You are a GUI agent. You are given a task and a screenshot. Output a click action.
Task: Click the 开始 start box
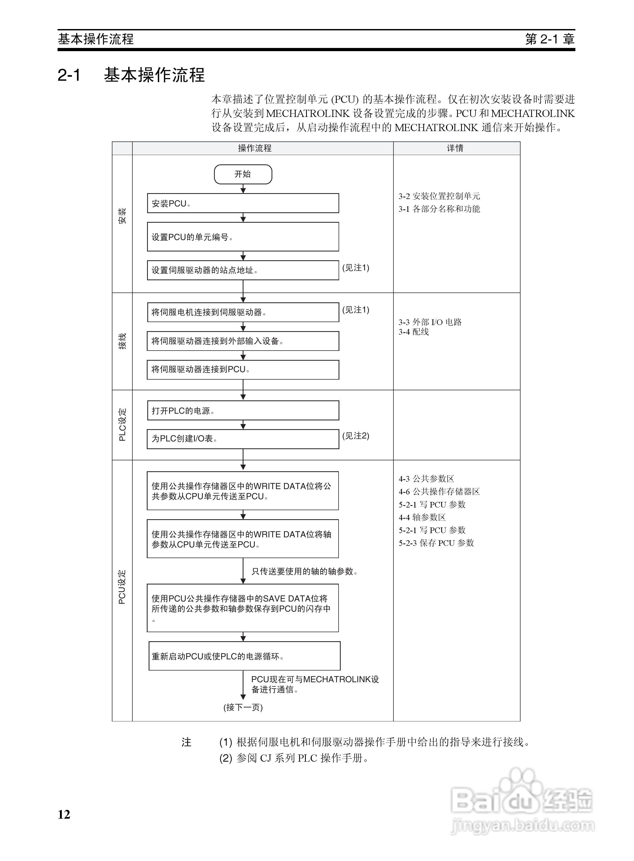[243, 174]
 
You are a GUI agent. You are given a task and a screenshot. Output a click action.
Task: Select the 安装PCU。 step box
[243, 203]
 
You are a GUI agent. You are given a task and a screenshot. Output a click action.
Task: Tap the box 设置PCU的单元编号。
[243, 237]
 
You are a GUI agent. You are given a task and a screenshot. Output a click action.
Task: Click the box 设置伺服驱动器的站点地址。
[243, 270]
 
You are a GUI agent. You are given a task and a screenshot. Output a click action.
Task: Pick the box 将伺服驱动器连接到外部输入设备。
[243, 341]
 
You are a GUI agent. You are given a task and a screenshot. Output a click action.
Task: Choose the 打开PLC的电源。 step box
[243, 411]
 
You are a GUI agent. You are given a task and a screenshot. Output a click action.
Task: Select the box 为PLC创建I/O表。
[243, 438]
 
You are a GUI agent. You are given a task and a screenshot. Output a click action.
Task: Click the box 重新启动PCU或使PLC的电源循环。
[245, 656]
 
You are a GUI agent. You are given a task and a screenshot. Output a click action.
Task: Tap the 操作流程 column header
[254, 148]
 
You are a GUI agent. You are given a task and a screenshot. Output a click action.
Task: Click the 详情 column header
[455, 148]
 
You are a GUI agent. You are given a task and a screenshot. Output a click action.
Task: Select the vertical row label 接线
[122, 341]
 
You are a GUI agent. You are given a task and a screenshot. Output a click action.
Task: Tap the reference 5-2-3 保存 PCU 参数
[436, 543]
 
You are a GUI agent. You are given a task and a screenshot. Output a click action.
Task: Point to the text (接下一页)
[243, 707]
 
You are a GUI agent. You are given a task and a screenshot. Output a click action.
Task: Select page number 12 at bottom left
[64, 814]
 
